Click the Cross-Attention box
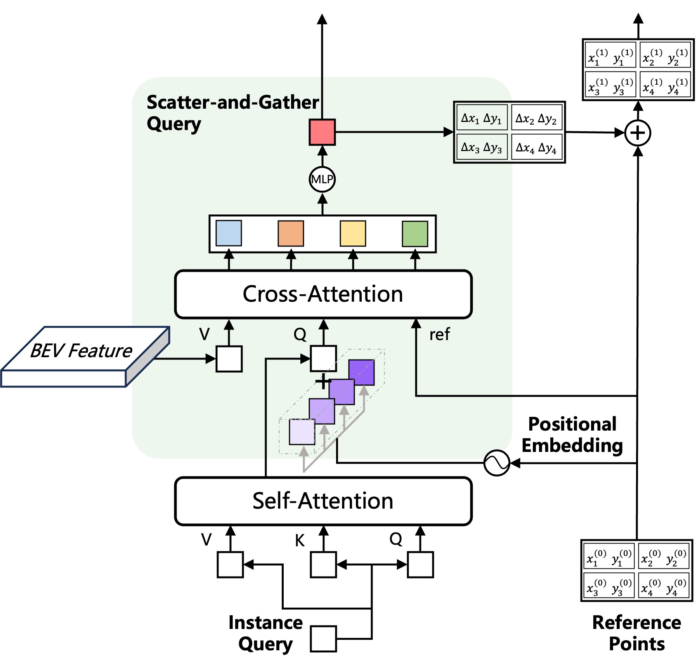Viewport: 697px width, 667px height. click(323, 294)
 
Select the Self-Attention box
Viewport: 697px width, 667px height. click(323, 501)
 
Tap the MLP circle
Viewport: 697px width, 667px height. click(322, 179)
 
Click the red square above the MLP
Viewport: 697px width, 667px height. click(322, 132)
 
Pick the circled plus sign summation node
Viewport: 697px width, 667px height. click(638, 133)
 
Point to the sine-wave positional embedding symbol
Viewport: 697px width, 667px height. click(497, 463)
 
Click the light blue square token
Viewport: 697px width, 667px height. click(229, 233)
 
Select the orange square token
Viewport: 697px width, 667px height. click(291, 233)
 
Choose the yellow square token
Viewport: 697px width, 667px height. click(353, 233)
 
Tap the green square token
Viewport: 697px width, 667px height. click(415, 234)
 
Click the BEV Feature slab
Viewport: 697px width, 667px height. click(81, 355)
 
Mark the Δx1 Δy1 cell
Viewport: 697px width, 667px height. click(482, 118)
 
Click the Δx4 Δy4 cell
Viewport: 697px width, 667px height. click(536, 148)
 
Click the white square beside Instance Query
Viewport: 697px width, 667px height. click(323, 639)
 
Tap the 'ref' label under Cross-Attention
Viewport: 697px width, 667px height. click(439, 334)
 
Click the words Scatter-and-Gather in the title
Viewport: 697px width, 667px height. click(232, 102)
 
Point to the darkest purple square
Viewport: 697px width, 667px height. click(361, 372)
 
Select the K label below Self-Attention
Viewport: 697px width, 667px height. click(300, 540)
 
